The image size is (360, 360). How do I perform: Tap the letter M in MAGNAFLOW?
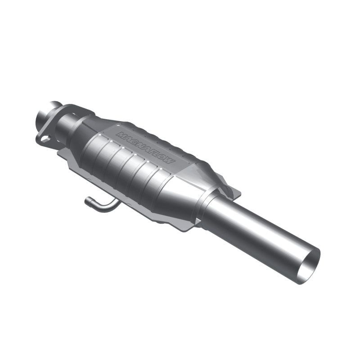120,135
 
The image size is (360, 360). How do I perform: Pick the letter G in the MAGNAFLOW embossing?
134,141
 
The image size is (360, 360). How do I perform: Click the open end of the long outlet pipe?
310,266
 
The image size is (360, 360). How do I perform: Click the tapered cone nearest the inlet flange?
83,126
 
